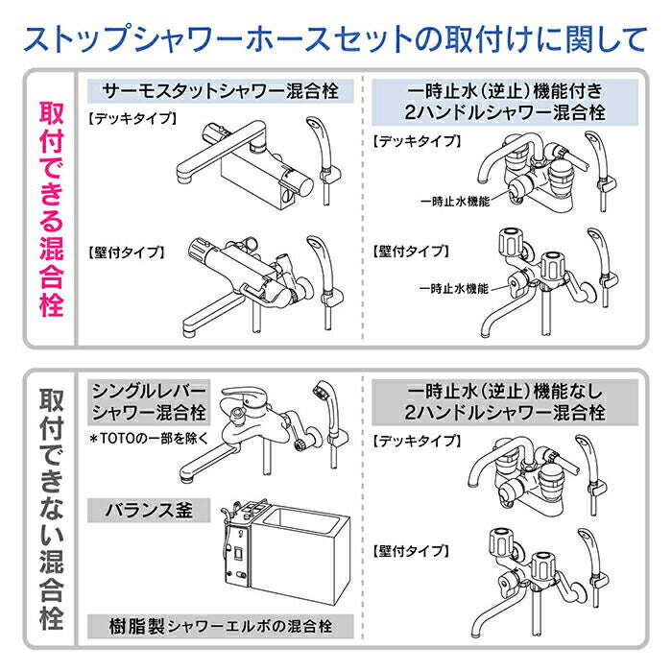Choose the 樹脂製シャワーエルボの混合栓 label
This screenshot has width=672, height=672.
point(221,626)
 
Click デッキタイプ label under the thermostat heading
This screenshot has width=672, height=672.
point(132,119)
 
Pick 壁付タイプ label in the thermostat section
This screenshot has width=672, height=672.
point(125,252)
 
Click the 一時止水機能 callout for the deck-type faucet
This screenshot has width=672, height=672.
point(455,202)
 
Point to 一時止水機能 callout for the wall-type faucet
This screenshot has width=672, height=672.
point(455,288)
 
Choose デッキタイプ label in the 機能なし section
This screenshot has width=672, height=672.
point(416,441)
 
